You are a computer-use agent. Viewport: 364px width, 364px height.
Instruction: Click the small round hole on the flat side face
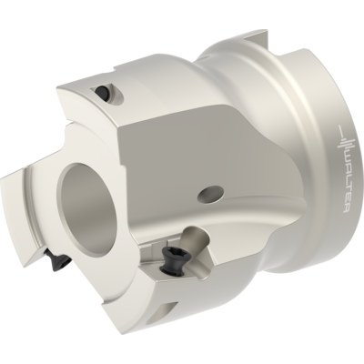pos(212,193)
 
